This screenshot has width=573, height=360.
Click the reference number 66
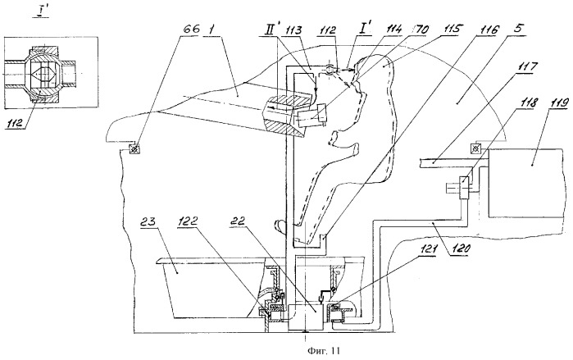coord(191,29)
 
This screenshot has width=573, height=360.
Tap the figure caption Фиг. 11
coord(324,351)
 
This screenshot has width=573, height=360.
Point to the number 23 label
coord(148,222)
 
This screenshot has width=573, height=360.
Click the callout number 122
coord(188,221)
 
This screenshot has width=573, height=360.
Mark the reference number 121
coord(426,250)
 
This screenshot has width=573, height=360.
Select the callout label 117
coord(526,67)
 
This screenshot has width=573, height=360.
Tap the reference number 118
coord(528,103)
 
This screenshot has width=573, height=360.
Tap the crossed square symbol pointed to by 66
coord(134,149)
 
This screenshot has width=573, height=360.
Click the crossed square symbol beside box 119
coord(476,148)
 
